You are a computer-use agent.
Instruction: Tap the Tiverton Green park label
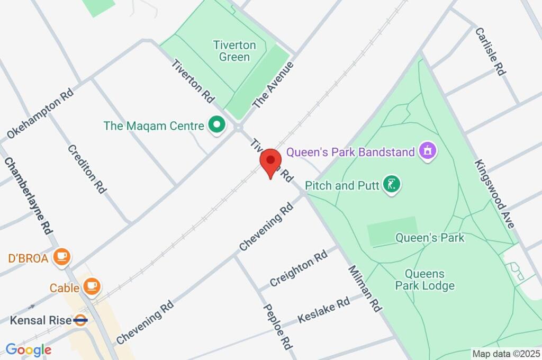pos(234,51)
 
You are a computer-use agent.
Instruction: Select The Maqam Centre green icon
pos(216,125)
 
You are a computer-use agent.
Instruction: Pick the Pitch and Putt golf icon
pos(392,185)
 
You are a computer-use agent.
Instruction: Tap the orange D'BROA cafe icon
pos(62,257)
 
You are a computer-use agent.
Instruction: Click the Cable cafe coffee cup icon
pos(92,286)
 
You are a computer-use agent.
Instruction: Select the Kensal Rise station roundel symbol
pos(80,320)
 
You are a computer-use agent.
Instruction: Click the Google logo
pos(28,349)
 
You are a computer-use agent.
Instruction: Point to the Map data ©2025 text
pos(505,353)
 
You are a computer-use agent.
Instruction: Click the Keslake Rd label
pos(324,310)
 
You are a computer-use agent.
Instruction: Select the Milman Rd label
pos(365,289)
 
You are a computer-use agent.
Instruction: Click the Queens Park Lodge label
pos(424,280)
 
